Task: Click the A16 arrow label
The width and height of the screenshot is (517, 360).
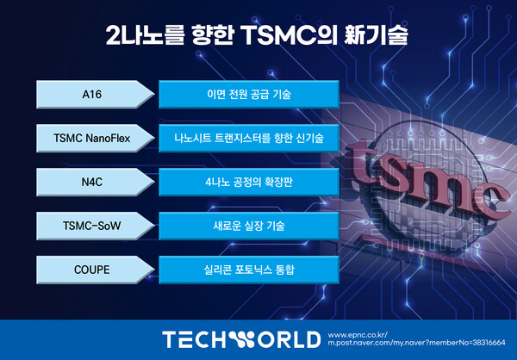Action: [x=95, y=94]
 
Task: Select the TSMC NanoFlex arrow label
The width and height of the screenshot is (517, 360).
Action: [x=95, y=138]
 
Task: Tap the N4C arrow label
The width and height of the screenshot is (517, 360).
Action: [x=95, y=182]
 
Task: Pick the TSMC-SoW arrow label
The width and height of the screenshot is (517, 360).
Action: [x=95, y=226]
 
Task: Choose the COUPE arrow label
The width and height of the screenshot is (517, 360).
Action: [x=95, y=270]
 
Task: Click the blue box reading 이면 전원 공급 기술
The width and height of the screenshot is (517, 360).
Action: [x=249, y=94]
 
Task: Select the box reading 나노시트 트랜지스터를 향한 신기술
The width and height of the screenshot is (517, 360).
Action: [x=249, y=138]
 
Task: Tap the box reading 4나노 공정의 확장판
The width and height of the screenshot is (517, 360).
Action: [x=249, y=182]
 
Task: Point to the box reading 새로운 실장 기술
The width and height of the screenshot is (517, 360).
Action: [x=249, y=226]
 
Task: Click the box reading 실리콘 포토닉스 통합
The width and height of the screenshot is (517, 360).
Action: [x=249, y=270]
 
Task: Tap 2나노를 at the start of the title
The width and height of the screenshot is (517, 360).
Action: [x=144, y=34]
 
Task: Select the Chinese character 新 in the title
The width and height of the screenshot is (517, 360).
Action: [x=355, y=34]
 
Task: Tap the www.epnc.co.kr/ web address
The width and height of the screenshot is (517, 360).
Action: [x=358, y=335]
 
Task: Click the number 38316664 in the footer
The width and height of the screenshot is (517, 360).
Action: [x=489, y=343]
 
